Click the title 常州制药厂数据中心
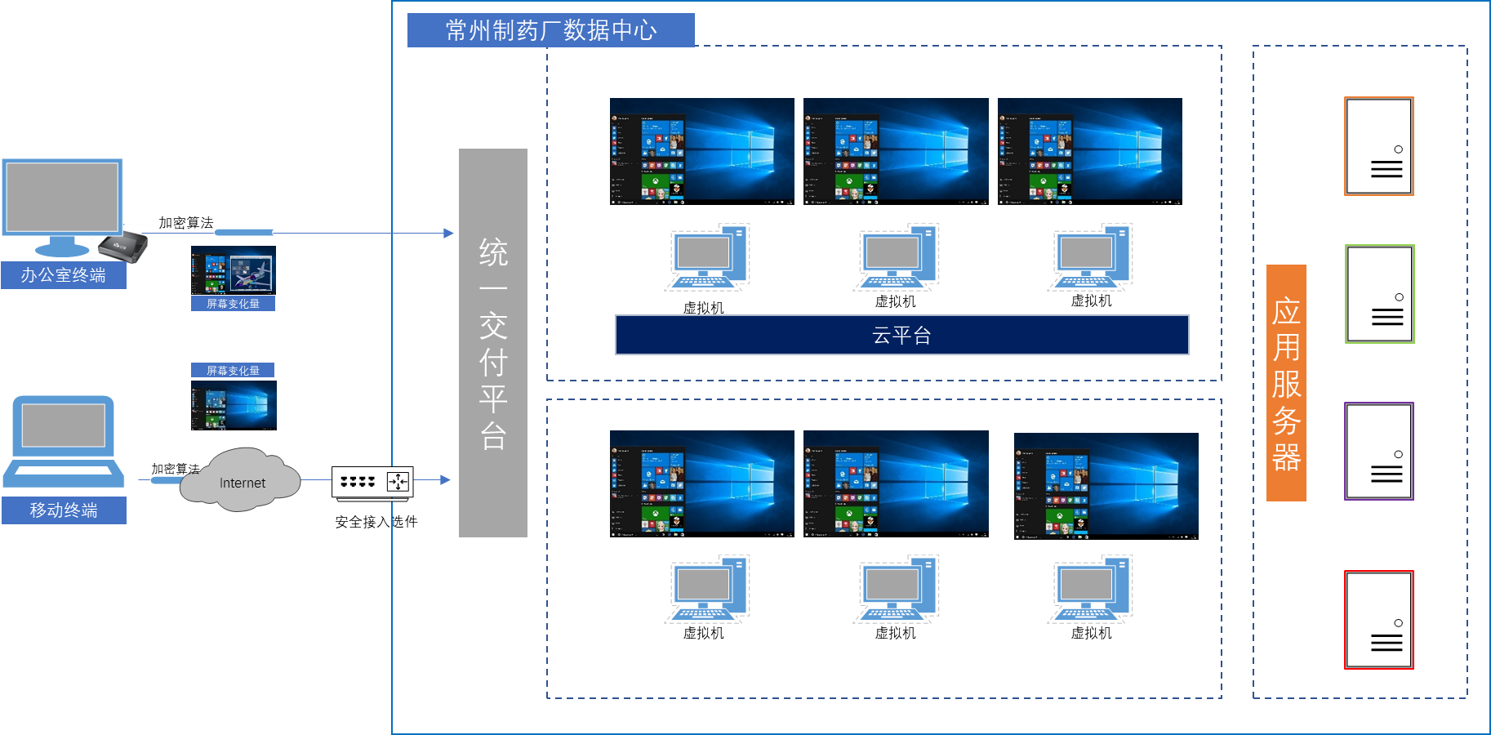550,30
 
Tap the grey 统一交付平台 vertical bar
492,343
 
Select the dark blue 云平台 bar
901,335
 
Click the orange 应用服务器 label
1286,382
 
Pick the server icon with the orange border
1379,146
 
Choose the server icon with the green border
1379,294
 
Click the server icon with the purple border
1379,451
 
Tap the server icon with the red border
1379,620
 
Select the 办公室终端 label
64,275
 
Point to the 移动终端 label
64,510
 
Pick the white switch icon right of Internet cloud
372,482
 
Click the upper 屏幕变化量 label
233,304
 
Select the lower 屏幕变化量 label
233,370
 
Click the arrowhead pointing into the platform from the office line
448,233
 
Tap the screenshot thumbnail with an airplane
234,270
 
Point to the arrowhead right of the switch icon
445,479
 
